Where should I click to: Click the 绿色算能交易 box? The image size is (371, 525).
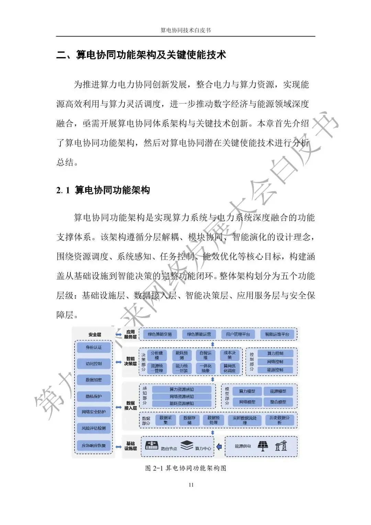[x=160, y=334]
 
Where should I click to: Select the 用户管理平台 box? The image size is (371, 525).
[x=238, y=334]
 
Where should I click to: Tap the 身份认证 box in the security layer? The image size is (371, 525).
[x=94, y=347]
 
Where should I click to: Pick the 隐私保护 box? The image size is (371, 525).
[x=94, y=396]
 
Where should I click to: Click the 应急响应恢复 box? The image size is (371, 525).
[x=94, y=446]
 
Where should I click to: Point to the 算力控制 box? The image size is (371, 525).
[x=275, y=353]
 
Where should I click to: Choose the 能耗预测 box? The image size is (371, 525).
[x=182, y=355]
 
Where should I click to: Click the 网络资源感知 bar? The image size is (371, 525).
[x=182, y=396]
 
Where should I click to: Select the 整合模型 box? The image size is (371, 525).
[x=278, y=402]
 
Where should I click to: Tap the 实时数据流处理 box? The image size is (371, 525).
[x=245, y=420]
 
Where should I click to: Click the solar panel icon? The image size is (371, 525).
[x=263, y=446]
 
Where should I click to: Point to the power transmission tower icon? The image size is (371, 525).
[x=281, y=446]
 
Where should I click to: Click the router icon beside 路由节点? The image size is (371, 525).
[x=152, y=446]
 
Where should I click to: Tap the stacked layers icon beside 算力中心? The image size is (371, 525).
[x=187, y=446]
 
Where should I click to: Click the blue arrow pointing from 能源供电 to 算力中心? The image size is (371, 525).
[x=219, y=447]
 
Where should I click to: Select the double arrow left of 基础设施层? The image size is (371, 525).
[x=119, y=447]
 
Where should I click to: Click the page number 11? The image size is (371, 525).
[x=191, y=485]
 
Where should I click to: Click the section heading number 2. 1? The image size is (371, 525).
[x=63, y=190]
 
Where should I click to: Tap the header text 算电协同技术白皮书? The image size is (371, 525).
[x=185, y=30]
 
